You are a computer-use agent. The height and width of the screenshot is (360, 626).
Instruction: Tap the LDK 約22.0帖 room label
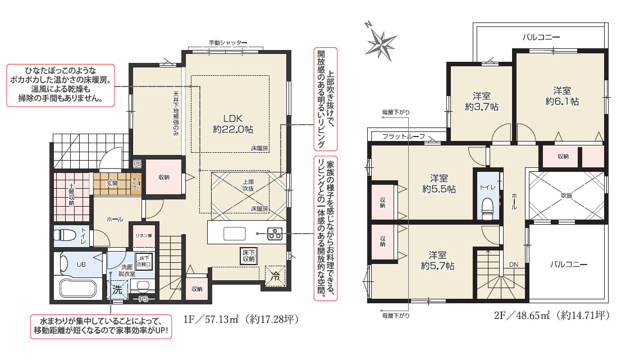pyautogui.click(x=233, y=124)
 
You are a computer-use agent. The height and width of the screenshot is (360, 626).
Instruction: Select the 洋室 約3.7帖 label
pyautogui.click(x=482, y=102)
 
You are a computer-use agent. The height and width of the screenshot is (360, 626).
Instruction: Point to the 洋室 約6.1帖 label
pyautogui.click(x=562, y=96)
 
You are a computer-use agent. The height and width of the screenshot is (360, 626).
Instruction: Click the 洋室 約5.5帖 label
pyautogui.click(x=438, y=184)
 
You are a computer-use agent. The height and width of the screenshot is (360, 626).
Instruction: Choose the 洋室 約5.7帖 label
pyautogui.click(x=437, y=261)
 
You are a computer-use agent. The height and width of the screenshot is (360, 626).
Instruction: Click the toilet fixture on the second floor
pyautogui.click(x=487, y=209)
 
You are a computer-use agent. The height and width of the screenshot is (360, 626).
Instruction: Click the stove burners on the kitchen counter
pyautogui.click(x=275, y=233)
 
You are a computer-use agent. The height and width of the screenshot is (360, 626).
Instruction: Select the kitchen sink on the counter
pyautogui.click(x=234, y=234)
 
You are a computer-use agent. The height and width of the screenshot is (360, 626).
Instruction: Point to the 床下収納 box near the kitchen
pyautogui.click(x=248, y=256)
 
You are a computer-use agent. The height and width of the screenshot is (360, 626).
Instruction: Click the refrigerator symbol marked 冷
pyautogui.click(x=275, y=276)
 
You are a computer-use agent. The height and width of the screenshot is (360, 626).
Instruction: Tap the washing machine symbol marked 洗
pyautogui.click(x=117, y=289)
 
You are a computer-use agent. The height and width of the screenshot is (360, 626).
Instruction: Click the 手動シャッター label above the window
pyautogui.click(x=228, y=43)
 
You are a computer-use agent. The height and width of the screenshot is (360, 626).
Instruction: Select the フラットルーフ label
pyautogui.click(x=404, y=136)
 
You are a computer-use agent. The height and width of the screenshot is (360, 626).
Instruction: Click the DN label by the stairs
pyautogui.click(x=514, y=265)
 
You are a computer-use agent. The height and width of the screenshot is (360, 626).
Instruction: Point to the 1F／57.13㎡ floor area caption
pyautogui.click(x=241, y=319)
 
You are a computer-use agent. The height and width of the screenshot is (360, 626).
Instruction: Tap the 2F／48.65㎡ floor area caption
pyautogui.click(x=552, y=316)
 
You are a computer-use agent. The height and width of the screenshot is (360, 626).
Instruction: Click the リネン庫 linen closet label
pyautogui.click(x=144, y=236)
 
